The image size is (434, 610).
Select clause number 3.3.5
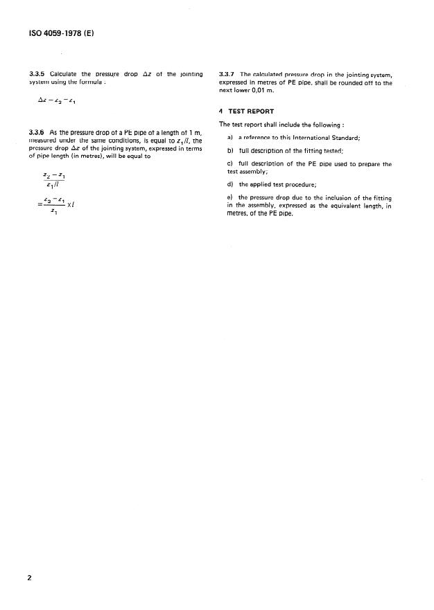(x=37, y=74)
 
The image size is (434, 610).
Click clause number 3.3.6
(x=37, y=132)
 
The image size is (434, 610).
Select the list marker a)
(x=231, y=138)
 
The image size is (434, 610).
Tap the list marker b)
(x=231, y=151)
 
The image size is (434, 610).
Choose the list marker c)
(x=231, y=164)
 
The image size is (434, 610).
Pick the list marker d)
(x=231, y=184)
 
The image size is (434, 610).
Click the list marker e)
(x=231, y=199)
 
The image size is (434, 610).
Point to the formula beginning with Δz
(x=56, y=100)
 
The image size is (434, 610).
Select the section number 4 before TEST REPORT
(x=220, y=111)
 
